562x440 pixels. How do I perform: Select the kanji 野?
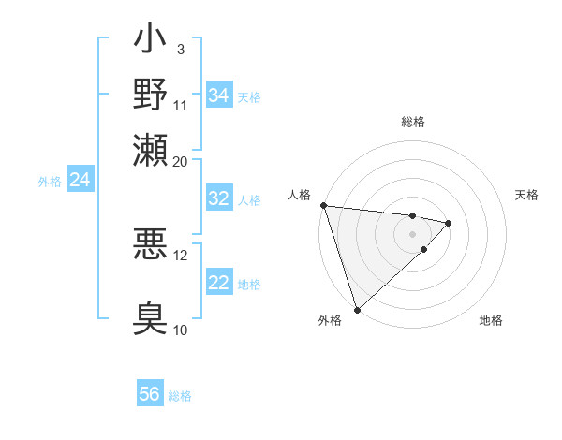tap(150, 95)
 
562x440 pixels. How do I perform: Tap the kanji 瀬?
tap(150, 149)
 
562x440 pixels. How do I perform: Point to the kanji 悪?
tap(150, 244)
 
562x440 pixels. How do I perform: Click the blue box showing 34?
tap(218, 95)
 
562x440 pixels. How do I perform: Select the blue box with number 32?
tap(218, 198)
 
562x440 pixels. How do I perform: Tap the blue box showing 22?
tap(218, 283)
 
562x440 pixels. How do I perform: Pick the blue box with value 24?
tap(80, 180)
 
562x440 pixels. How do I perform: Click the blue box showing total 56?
tap(150, 394)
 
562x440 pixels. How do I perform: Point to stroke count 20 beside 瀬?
tap(181, 160)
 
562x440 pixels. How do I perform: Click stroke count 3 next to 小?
tap(181, 49)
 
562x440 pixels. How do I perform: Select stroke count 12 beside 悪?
tap(181, 255)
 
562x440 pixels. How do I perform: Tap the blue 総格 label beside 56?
tap(180, 396)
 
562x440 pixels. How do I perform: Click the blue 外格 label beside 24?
tap(50, 182)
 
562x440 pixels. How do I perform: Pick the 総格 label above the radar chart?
tap(413, 122)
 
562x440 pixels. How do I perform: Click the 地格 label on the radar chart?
tap(491, 320)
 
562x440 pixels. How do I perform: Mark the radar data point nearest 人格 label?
tap(323, 205)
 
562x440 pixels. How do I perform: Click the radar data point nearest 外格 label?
tap(357, 309)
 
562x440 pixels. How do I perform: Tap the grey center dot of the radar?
tap(413, 233)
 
